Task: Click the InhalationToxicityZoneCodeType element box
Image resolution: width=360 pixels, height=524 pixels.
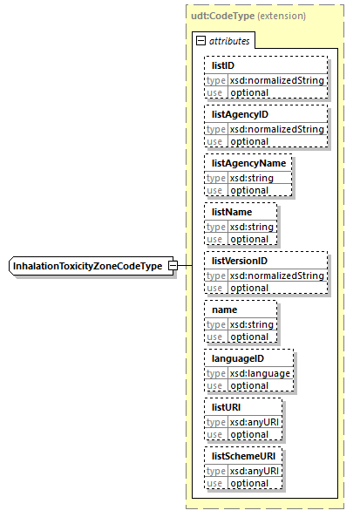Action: (87, 265)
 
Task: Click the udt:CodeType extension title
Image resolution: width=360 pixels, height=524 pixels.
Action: (248, 16)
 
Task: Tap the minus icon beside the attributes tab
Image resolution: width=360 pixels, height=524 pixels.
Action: (200, 41)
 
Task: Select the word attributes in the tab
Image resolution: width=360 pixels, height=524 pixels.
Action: (229, 41)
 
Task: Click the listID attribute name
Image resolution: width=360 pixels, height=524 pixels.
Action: (223, 65)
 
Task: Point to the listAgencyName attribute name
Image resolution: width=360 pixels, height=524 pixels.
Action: (247, 163)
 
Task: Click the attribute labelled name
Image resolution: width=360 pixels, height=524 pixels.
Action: (225, 310)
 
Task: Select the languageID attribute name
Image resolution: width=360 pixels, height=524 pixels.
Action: (237, 358)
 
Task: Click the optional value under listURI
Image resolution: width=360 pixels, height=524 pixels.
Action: (249, 434)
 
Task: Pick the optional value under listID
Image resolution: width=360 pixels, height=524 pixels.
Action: (249, 92)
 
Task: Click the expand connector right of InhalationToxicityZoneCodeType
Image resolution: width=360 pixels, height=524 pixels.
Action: (173, 265)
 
